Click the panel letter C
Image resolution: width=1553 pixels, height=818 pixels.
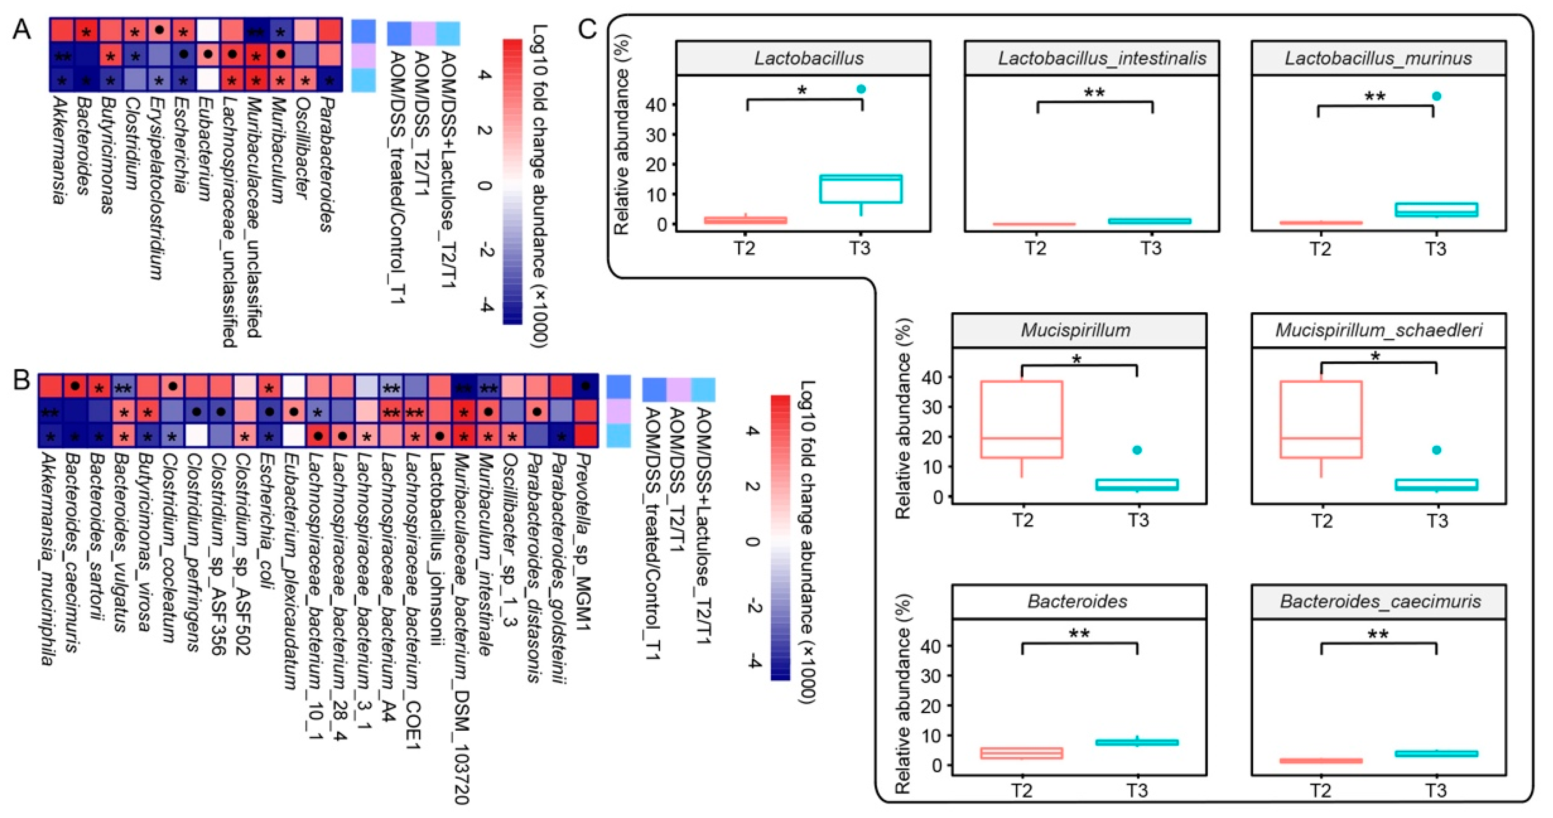[586, 29]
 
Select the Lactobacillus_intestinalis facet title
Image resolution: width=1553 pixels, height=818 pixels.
[1102, 58]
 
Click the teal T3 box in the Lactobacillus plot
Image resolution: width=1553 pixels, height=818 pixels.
[860, 189]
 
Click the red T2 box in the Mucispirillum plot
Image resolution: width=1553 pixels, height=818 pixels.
[1021, 419]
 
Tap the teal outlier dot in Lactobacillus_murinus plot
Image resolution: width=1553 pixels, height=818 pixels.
[1437, 96]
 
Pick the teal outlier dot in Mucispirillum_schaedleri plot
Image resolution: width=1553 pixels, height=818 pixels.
[1437, 450]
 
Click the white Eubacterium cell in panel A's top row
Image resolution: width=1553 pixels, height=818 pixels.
[207, 30]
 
